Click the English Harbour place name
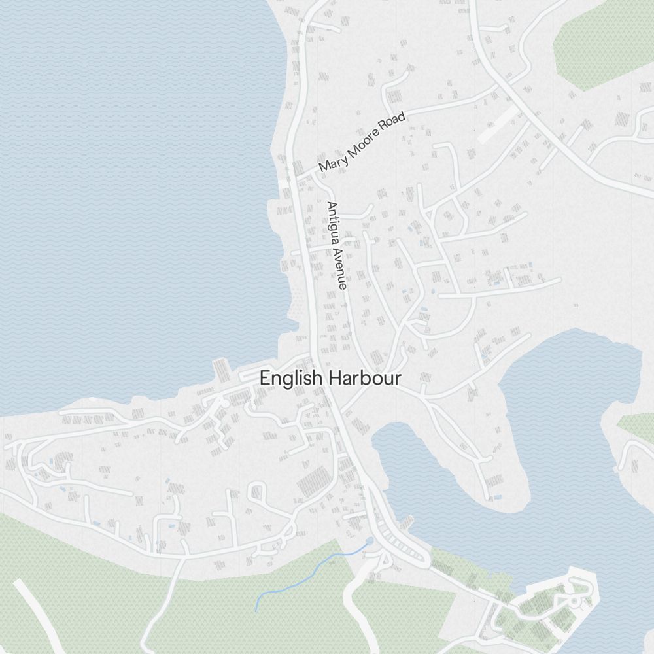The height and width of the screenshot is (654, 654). pyautogui.click(x=330, y=378)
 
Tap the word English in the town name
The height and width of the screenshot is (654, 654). pyautogui.click(x=291, y=378)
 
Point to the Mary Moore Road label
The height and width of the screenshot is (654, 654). pyautogui.click(x=362, y=143)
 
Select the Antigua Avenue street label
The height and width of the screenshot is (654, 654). pyautogui.click(x=337, y=245)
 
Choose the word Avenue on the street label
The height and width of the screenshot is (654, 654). pyautogui.click(x=340, y=269)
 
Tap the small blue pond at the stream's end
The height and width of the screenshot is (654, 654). pyautogui.click(x=371, y=541)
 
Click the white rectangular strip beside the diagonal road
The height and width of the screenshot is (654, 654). pyautogui.click(x=498, y=124)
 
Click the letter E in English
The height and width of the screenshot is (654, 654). pyautogui.click(x=264, y=378)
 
